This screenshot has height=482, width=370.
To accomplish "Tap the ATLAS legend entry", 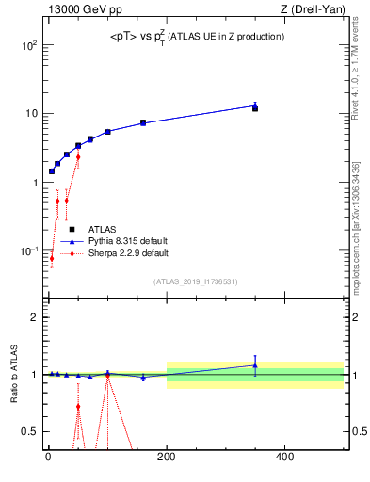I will point(103,229).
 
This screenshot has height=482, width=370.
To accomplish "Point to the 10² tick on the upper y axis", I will point(29,45).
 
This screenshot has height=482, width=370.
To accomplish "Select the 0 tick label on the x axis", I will point(47,458).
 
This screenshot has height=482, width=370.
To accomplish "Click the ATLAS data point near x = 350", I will point(255,108).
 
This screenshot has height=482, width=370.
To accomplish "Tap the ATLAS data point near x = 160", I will point(143,122).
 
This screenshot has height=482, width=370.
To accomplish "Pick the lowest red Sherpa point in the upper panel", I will point(52,258).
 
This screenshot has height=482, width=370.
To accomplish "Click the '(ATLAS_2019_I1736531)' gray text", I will point(197,281).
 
